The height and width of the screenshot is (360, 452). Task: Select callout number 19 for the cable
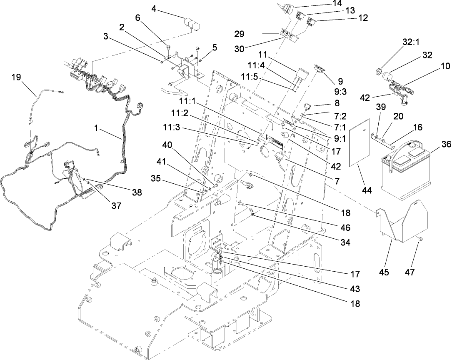(16, 77)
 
